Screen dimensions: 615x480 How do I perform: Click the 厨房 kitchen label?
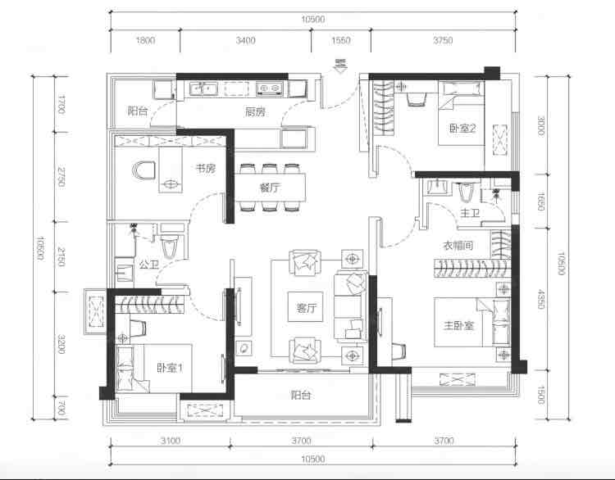[255, 112]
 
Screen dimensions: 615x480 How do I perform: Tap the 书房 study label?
[206, 169]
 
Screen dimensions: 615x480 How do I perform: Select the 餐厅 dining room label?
[270, 188]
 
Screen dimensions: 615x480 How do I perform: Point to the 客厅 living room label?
[306, 308]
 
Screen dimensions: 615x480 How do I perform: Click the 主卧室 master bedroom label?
[458, 326]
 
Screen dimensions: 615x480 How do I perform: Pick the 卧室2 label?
[462, 128]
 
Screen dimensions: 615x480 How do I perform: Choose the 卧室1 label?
[170, 368]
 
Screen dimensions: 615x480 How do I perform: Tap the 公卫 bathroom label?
[149, 265]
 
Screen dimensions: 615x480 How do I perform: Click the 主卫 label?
[470, 213]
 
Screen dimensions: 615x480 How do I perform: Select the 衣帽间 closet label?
[458, 246]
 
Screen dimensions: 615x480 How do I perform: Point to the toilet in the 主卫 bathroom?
[466, 192]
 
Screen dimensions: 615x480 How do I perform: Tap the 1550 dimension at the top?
[341, 40]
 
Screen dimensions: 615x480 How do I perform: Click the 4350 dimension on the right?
[541, 299]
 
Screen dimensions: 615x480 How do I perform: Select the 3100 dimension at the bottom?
[171, 441]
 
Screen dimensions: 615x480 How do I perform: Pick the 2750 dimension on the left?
[61, 177]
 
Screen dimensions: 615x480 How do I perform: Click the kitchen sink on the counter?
[203, 89]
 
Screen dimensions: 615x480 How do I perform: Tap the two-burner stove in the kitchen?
[270, 89]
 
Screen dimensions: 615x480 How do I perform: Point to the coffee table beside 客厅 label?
[306, 307]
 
